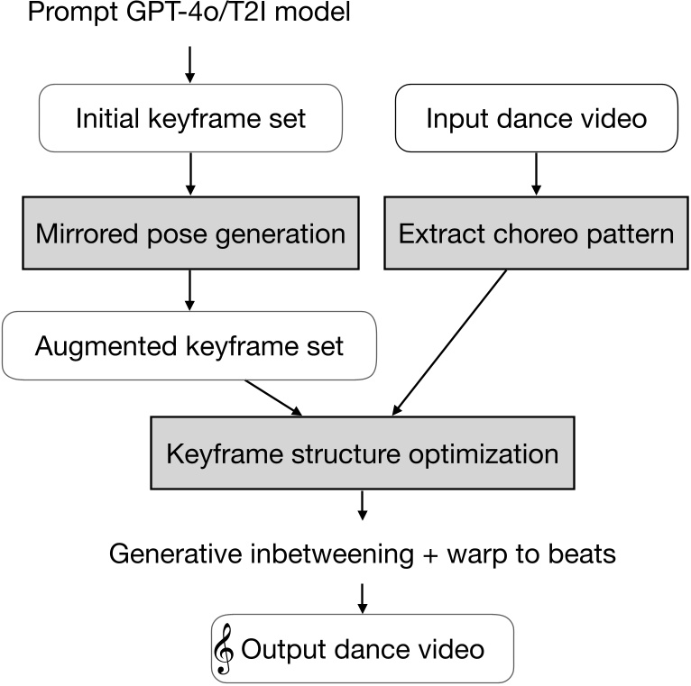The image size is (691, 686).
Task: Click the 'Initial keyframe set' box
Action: [190, 119]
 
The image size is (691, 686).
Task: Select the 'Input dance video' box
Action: [536, 119]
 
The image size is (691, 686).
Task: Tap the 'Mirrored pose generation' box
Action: [190, 234]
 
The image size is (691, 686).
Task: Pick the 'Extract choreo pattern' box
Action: [536, 234]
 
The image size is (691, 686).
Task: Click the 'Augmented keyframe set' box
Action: [189, 345]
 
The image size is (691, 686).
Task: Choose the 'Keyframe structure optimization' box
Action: [363, 453]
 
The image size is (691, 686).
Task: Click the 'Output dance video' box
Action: [363, 648]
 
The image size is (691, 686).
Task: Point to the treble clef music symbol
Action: [223, 648]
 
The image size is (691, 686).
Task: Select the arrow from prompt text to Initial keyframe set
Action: [189, 60]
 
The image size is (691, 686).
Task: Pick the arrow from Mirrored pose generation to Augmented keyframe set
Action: [189, 288]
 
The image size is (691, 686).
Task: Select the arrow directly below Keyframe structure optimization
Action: [363, 505]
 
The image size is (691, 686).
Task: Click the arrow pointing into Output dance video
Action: [363, 595]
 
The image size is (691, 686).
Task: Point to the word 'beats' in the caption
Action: [582, 553]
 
